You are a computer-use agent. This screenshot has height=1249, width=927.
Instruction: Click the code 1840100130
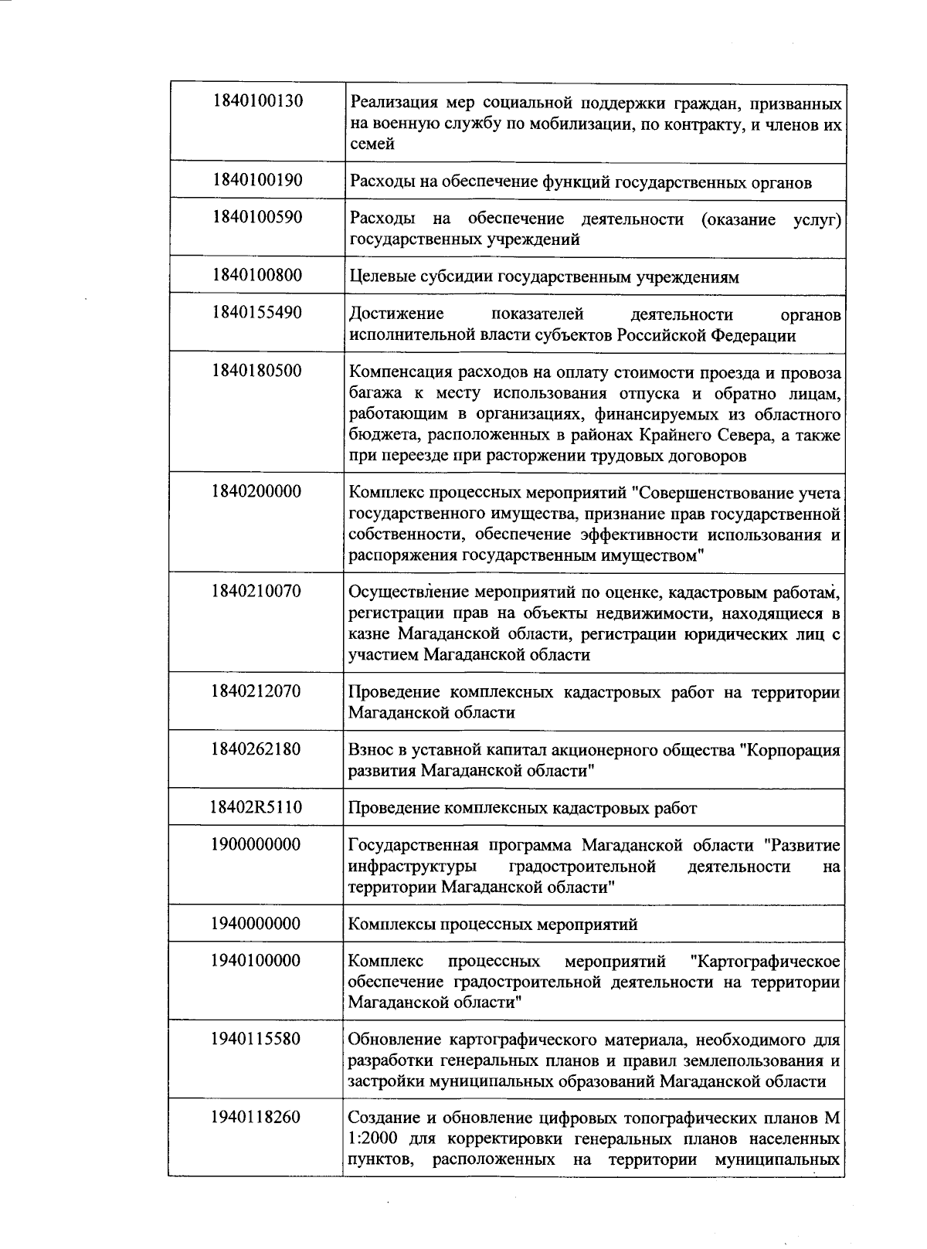click(x=256, y=100)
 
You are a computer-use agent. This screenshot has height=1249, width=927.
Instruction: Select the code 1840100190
click(x=256, y=180)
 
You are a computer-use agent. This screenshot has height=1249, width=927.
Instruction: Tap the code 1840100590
click(x=256, y=217)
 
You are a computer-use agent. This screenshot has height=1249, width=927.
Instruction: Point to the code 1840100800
click(x=256, y=275)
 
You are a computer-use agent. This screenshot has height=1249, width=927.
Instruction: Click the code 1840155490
click(x=256, y=312)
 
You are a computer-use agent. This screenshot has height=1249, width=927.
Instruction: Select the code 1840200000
click(x=256, y=491)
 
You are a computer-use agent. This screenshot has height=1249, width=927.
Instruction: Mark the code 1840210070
click(x=256, y=592)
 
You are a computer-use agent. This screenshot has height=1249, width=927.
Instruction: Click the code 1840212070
click(x=256, y=691)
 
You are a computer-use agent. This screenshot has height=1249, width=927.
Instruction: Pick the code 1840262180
click(x=256, y=749)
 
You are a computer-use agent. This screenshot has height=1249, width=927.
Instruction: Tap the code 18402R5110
click(x=256, y=807)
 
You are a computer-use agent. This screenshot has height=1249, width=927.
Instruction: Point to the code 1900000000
click(x=256, y=844)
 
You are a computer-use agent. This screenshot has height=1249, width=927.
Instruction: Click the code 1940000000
click(x=256, y=924)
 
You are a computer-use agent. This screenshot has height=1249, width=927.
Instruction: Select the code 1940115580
click(x=256, y=1038)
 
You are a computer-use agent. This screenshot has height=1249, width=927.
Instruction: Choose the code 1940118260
click(x=256, y=1117)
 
